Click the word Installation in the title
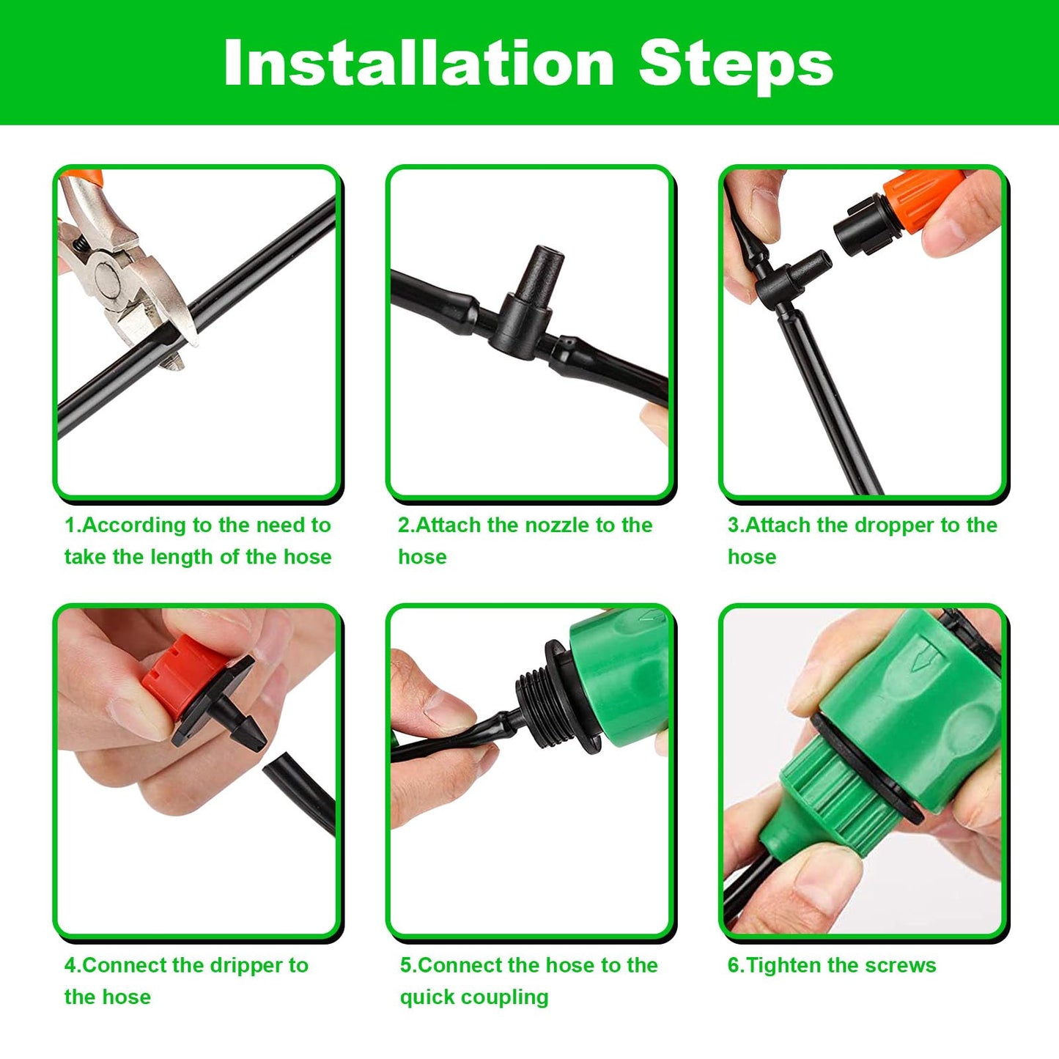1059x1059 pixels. (x=418, y=64)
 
